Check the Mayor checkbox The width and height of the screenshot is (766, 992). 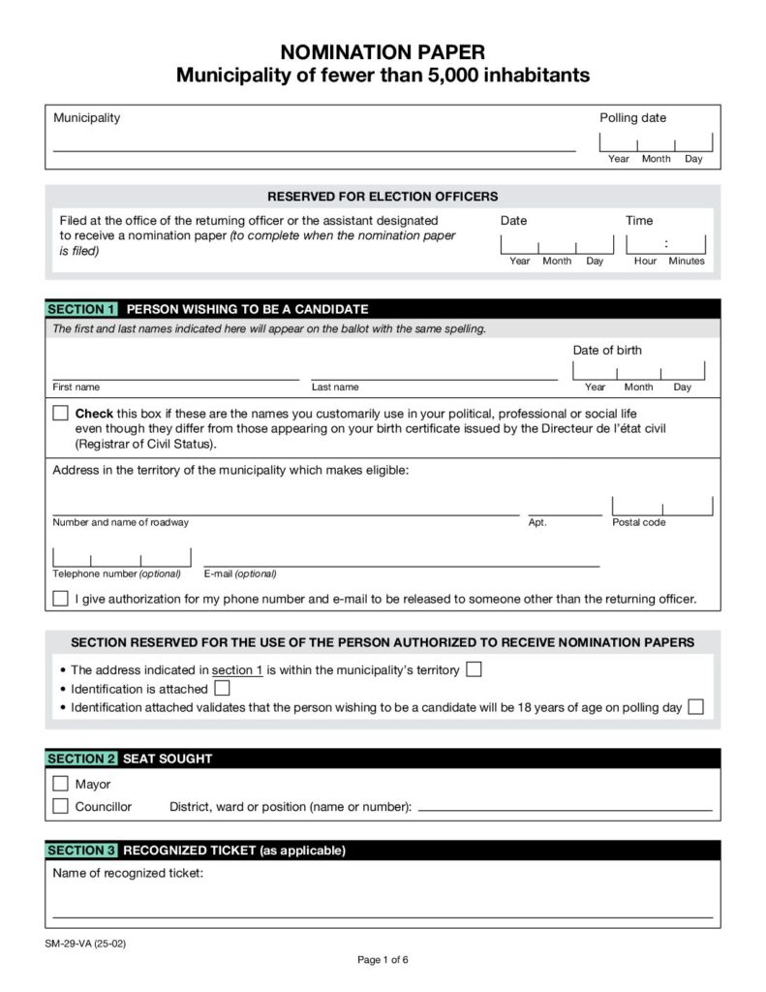[x=60, y=784]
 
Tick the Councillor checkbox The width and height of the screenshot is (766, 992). [x=60, y=806]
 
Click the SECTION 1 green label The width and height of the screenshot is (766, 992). [x=81, y=309]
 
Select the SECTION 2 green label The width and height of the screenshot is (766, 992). [x=81, y=759]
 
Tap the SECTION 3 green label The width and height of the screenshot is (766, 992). [x=81, y=851]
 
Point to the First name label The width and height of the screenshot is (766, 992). [x=76, y=387]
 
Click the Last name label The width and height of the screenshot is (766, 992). [x=335, y=387]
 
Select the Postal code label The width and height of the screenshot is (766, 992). [x=638, y=523]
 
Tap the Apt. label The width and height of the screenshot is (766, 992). [x=537, y=523]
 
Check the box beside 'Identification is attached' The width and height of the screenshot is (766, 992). [x=222, y=689]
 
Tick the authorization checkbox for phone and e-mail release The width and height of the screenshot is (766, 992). [x=60, y=599]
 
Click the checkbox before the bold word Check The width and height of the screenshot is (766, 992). [x=60, y=413]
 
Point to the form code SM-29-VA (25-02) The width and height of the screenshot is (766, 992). [x=85, y=943]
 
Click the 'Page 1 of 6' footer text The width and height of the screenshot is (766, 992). [x=383, y=960]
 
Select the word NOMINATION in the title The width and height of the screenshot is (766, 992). [x=336, y=53]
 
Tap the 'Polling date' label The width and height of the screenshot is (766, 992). [x=632, y=118]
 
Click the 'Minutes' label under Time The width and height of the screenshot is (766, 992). [x=687, y=262]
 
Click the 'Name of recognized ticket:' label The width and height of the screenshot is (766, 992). [x=127, y=874]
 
